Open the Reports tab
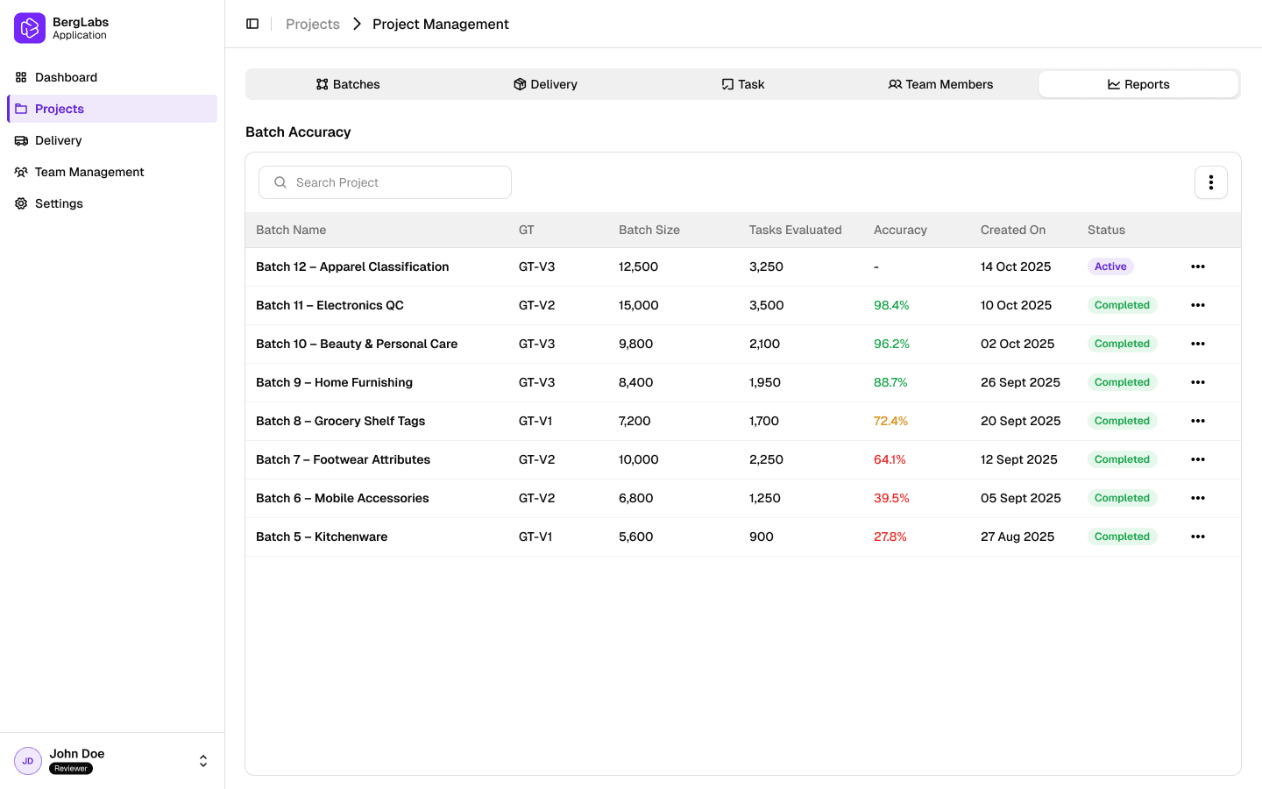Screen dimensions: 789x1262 (1138, 84)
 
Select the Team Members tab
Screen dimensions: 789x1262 (940, 84)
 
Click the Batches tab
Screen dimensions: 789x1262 (348, 84)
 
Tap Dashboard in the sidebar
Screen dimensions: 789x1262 (66, 77)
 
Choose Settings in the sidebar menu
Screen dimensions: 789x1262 (59, 203)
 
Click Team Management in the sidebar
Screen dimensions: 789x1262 (89, 172)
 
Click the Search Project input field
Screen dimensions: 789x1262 (386, 182)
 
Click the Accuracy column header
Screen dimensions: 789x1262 (900, 230)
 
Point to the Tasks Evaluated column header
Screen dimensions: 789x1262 (795, 230)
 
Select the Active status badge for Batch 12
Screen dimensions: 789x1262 (1110, 267)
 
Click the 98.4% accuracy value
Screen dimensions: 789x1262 (891, 305)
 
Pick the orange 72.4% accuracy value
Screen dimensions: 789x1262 (890, 421)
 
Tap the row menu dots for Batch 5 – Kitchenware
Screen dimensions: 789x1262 (1198, 537)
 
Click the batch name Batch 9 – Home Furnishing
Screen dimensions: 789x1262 (334, 382)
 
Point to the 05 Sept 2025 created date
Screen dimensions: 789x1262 (1020, 498)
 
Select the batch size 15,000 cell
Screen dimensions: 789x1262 (638, 305)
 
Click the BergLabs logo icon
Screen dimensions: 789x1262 (30, 28)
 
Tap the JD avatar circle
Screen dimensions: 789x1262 (28, 761)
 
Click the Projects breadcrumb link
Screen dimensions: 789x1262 (313, 24)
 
